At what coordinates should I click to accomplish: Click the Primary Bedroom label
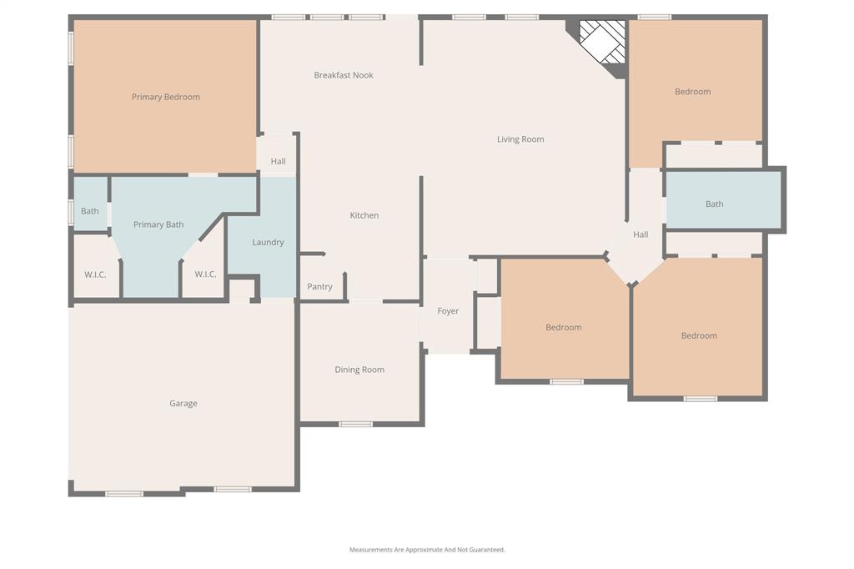point(166,97)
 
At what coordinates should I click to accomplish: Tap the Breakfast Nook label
point(344,75)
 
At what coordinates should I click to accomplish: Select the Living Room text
point(520,139)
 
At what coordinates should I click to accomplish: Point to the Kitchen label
point(364,215)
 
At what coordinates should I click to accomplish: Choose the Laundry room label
point(268,242)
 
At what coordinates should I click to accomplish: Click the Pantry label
point(319,286)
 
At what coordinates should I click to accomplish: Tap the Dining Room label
point(359,370)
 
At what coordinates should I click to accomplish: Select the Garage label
point(183,403)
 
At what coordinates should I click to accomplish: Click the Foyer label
point(448,311)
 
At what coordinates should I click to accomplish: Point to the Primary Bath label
point(158,224)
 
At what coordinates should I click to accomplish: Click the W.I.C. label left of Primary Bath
point(95,274)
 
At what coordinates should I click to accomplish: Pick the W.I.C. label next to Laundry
point(206,274)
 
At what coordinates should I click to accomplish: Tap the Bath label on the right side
point(715,204)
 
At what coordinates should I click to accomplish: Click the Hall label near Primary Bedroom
point(278,162)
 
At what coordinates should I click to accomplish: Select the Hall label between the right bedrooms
point(640,234)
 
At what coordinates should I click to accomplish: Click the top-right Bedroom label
point(693,92)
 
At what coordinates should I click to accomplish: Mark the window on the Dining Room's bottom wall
point(356,424)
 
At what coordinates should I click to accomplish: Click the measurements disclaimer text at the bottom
point(427,550)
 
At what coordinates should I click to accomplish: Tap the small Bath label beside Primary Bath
point(90,211)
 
